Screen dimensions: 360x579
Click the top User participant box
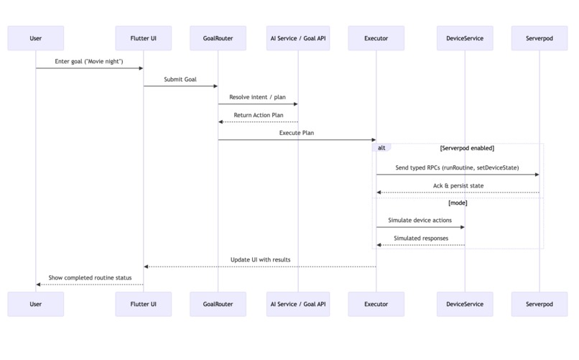click(36, 38)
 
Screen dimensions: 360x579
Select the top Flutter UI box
click(144, 38)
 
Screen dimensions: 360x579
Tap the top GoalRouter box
click(218, 38)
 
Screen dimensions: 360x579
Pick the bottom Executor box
click(376, 304)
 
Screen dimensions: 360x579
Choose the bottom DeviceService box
click(465, 304)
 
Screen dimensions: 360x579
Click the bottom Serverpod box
click(539, 304)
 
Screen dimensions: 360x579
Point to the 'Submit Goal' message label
click(180, 79)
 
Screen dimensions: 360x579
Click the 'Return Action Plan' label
click(258, 115)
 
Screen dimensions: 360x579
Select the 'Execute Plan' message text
click(297, 133)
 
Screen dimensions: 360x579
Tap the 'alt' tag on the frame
click(381, 147)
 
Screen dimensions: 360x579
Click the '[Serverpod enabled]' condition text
click(467, 148)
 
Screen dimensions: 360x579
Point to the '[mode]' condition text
click(458, 203)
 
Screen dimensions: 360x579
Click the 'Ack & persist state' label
click(458, 185)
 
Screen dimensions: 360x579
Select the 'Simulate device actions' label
click(420, 221)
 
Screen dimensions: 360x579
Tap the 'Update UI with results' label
click(260, 259)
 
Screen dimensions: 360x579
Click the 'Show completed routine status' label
click(90, 277)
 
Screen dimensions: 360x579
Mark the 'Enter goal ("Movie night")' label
click(89, 61)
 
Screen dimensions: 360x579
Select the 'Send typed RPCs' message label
click(457, 167)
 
